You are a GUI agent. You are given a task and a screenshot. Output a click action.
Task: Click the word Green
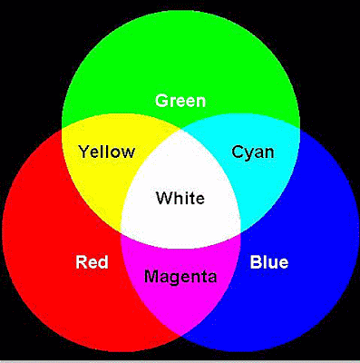(x=180, y=100)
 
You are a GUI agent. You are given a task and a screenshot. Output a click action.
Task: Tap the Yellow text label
(x=106, y=152)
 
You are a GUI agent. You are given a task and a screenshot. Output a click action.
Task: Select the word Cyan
(x=253, y=152)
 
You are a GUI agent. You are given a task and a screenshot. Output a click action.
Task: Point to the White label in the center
(x=180, y=199)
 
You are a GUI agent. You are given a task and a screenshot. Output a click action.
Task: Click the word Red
(x=92, y=263)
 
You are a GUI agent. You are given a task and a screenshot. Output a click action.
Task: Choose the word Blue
(x=268, y=263)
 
